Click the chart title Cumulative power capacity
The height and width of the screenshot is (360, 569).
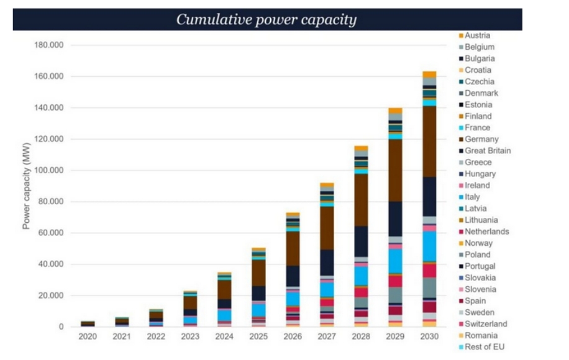266,19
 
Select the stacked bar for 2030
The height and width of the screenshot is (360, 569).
429,199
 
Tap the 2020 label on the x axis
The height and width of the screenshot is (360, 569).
88,336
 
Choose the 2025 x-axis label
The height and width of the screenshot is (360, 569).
258,336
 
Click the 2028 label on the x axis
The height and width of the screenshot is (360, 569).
361,336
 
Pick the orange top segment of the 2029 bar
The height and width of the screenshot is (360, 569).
395,110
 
